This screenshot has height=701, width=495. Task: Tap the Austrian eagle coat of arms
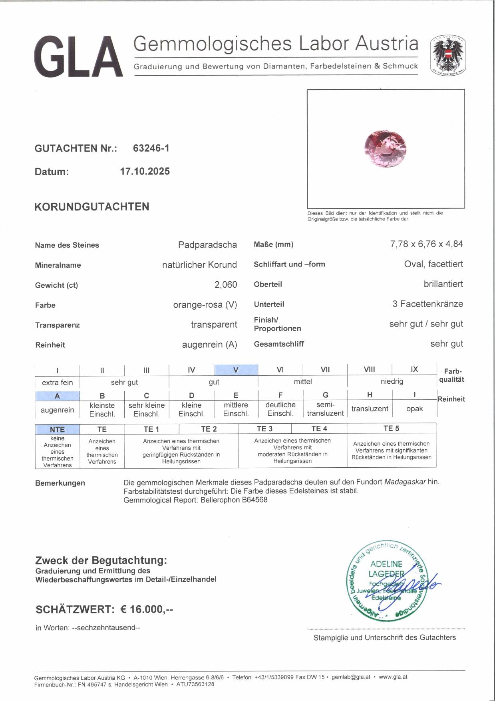[448, 56]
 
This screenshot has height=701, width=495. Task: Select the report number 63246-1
[151, 148]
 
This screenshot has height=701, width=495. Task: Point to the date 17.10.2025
[145, 171]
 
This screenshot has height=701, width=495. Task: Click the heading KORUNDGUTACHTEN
[92, 207]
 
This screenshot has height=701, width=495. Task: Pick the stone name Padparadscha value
[207, 245]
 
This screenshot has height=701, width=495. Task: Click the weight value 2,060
[225, 284]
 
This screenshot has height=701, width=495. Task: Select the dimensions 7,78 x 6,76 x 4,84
[426, 244]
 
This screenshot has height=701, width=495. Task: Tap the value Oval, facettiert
[433, 264]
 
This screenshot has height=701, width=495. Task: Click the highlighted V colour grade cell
[236, 370]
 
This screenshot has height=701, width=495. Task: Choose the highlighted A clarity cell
[57, 396]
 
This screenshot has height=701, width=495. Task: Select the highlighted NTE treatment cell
[57, 429]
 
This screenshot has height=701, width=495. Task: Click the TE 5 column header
[391, 429]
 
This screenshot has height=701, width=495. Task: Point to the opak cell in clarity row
[414, 409]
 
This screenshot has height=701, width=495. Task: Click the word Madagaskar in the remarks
[405, 482]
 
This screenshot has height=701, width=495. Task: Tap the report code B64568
[254, 500]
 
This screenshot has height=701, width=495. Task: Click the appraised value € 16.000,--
[147, 609]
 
